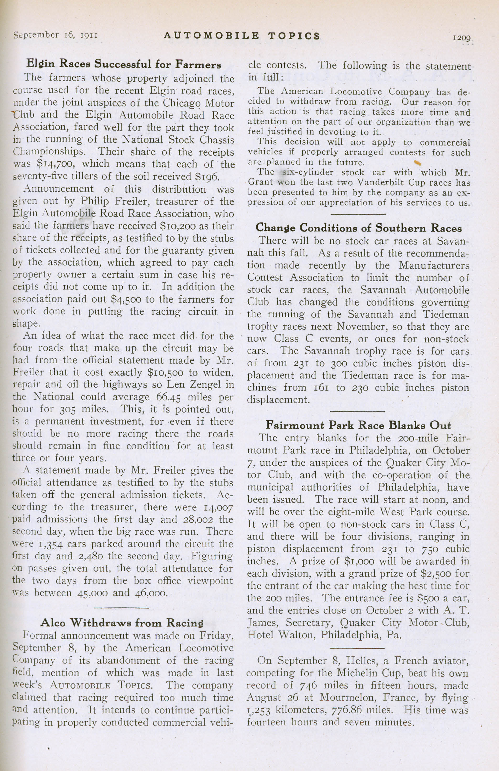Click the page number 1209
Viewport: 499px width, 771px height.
pos(462,38)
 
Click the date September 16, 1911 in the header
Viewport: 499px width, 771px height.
pos(56,35)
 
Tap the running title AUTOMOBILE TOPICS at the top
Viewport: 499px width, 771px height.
pos(242,36)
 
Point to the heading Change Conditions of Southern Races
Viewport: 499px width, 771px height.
pos(358,228)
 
